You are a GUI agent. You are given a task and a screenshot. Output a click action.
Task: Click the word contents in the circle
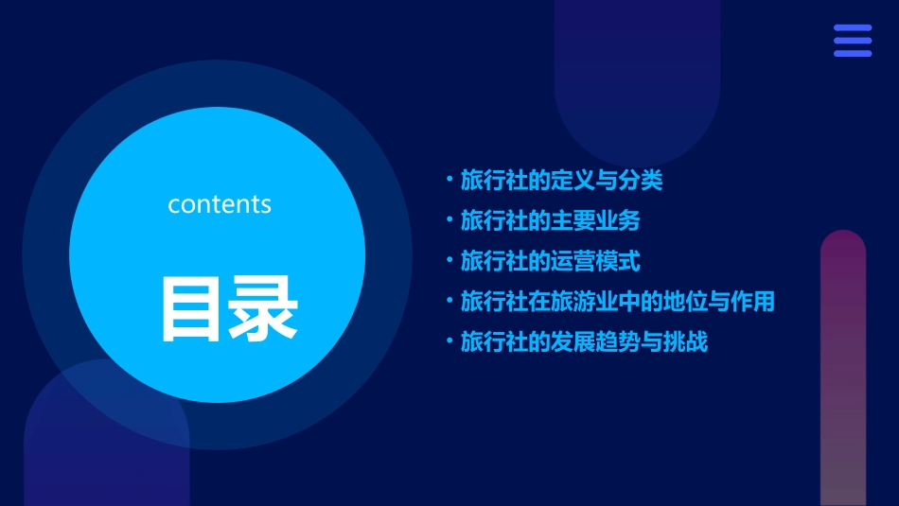[x=220, y=203]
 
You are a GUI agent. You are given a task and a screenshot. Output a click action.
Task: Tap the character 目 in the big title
[x=192, y=308]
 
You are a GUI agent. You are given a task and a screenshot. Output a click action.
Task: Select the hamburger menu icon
[x=853, y=41]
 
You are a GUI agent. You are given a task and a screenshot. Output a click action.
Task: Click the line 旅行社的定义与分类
[x=561, y=180]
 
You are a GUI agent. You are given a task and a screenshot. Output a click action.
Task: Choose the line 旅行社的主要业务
[x=550, y=220]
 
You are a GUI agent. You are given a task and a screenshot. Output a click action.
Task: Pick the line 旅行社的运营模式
[x=550, y=261]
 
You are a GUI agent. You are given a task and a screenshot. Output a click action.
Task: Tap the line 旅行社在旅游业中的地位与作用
[x=617, y=302]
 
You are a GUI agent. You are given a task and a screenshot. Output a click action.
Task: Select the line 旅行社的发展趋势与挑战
[x=584, y=341]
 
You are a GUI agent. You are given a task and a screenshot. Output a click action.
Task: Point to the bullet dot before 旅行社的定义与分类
[x=449, y=180]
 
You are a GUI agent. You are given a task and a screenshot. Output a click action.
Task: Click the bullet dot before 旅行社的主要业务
[x=449, y=220]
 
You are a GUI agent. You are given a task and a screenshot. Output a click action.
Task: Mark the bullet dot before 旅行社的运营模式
[x=449, y=261]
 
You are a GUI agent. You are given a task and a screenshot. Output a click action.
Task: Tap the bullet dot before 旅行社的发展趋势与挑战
[x=449, y=341]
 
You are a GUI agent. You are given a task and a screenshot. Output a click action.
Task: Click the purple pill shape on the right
[x=843, y=369]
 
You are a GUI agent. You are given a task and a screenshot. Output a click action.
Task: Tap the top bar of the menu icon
[x=853, y=28]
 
